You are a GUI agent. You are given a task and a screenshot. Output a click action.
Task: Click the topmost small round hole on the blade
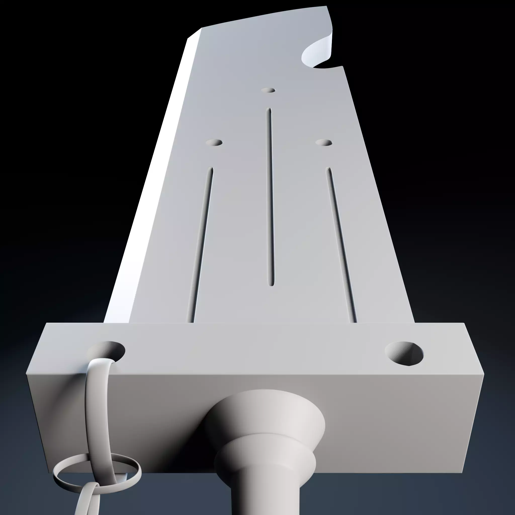pyautogui.click(x=268, y=90)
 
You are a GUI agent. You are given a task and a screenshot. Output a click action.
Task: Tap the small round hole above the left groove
pyautogui.click(x=214, y=143)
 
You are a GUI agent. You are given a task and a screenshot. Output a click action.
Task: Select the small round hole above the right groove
pyautogui.click(x=324, y=143)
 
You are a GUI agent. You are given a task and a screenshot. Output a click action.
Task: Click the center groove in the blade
pyautogui.click(x=270, y=197)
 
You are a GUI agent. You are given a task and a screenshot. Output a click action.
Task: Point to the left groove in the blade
pyautogui.click(x=201, y=245)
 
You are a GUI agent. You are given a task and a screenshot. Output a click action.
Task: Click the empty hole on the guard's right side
pyautogui.click(x=404, y=353)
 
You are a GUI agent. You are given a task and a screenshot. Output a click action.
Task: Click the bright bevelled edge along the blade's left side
pyautogui.click(x=149, y=187)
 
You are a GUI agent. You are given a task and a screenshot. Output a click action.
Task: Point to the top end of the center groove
pyautogui.click(x=269, y=110)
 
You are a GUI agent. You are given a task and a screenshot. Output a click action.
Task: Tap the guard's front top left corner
pyautogui.click(x=27, y=374)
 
